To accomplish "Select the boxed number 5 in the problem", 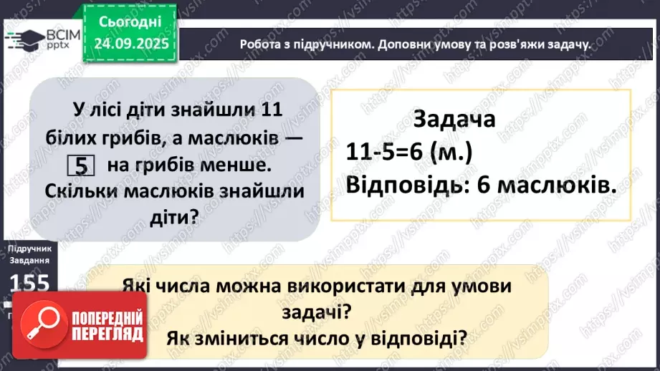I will coord(81,166).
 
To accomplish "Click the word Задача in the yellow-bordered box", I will coord(454,118).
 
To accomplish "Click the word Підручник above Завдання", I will coord(29,247).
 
